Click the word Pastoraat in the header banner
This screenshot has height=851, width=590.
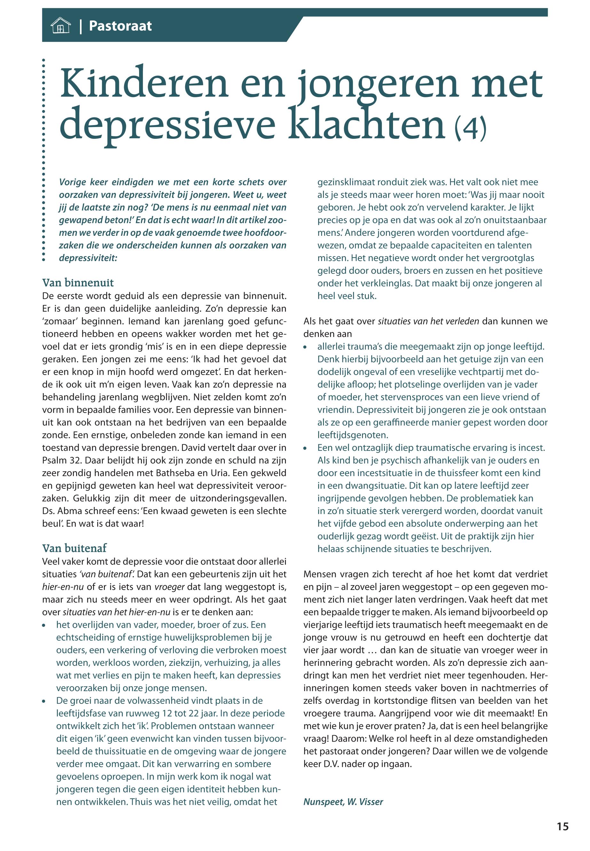120,26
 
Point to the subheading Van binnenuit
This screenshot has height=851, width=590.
78,283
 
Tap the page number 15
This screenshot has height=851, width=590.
562,827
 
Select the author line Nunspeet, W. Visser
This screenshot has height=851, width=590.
343,802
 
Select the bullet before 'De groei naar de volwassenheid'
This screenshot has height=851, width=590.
45,701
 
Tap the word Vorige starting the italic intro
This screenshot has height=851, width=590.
73,182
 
